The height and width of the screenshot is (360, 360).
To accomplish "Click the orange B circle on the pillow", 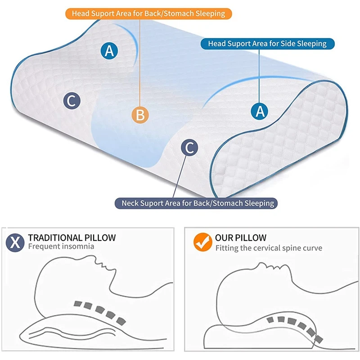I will pyautogui.click(x=140, y=115).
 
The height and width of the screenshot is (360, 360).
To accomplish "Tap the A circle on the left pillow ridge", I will pyautogui.click(x=109, y=51).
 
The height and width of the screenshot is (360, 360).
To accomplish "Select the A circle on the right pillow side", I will pyautogui.click(x=260, y=110).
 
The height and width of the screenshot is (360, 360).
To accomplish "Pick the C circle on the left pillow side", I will pyautogui.click(x=71, y=101).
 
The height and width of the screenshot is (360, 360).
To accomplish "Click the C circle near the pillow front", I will pyautogui.click(x=189, y=147).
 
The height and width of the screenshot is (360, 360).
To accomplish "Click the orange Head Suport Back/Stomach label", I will pyautogui.click(x=148, y=13).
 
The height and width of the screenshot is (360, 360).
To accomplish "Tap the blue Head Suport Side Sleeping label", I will pyautogui.click(x=267, y=44).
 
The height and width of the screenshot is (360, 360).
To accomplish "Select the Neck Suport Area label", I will pyautogui.click(x=198, y=203).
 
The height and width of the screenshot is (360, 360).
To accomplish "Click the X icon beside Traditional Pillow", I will pyautogui.click(x=15, y=242).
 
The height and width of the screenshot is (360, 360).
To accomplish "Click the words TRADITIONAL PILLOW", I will pyautogui.click(x=72, y=238).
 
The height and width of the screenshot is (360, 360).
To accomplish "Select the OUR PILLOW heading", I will pyautogui.click(x=240, y=238).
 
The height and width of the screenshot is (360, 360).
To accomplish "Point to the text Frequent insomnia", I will pyautogui.click(x=61, y=247).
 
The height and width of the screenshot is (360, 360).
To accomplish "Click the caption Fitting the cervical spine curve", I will pyautogui.click(x=269, y=248).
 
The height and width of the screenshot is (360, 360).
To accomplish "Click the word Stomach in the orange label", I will pyautogui.click(x=176, y=13).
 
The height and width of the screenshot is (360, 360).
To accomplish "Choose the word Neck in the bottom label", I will pyautogui.click(x=131, y=203).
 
